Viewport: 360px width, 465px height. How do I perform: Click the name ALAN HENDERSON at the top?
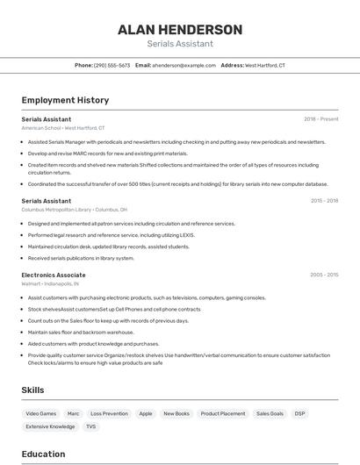coord(180,30)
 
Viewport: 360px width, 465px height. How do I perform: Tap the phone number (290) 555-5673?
coord(112,65)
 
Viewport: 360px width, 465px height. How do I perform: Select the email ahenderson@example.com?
coord(184,65)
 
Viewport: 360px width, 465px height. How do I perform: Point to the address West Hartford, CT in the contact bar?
coord(264,65)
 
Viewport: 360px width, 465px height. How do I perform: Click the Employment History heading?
coord(65,100)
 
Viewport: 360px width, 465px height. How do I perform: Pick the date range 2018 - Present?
coord(320,118)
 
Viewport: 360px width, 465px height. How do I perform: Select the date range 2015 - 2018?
coord(324,201)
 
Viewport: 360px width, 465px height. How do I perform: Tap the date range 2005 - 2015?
coord(324,275)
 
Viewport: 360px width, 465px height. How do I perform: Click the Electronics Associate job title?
coord(54,275)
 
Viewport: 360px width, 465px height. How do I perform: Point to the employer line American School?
coord(63,127)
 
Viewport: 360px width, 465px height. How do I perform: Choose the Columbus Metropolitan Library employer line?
coord(75,210)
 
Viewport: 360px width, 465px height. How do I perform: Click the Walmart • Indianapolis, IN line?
coord(50,283)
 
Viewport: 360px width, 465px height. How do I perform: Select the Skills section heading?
coord(33,390)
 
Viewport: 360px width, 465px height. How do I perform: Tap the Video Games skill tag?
coord(40,413)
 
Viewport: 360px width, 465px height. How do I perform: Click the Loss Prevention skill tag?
coord(109,413)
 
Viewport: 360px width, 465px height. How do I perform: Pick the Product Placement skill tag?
coord(222,413)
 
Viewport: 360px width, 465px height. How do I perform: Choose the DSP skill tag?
coord(299,413)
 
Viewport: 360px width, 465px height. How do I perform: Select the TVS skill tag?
coord(90,426)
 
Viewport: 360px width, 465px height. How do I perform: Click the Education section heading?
coord(44,454)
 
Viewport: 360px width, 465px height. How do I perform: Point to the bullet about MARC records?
coord(107,153)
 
